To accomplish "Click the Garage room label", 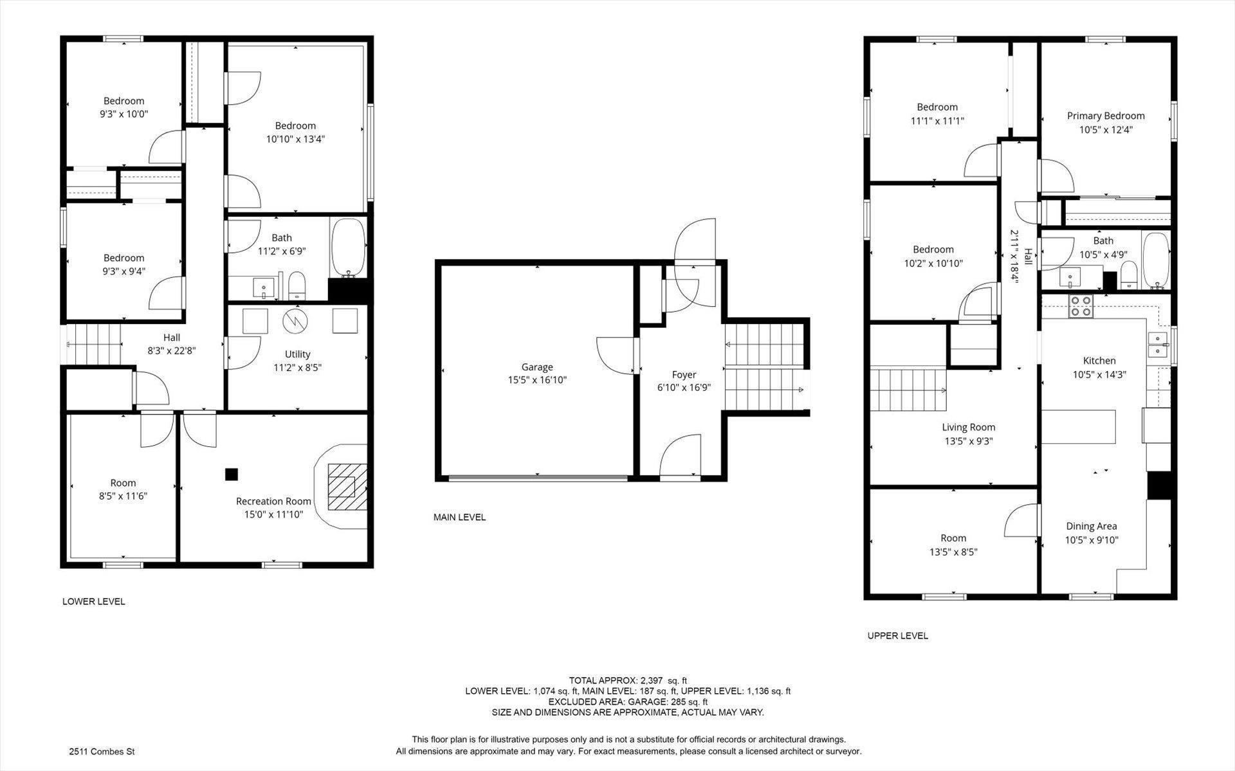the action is pos(537,367).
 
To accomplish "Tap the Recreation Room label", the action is pos(273,502).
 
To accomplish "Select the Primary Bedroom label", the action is pos(1106,116).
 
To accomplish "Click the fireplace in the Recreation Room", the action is pos(348,487).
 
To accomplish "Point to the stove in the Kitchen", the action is pos(1080,306).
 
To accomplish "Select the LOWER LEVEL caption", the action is pos(94,602).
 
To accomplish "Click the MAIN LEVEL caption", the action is pos(459,518).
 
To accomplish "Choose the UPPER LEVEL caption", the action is pos(897,636).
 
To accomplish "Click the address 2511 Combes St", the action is pos(102,752).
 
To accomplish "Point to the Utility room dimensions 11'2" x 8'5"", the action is pos(297,368).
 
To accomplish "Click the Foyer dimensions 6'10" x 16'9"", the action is pos(684,388).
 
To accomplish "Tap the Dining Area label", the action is pos(1092,526).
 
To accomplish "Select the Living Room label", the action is pos(968,428).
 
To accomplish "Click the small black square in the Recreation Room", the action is pos(232,475).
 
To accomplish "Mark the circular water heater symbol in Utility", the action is pos(295,320).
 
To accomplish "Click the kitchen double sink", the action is pos(1158,345).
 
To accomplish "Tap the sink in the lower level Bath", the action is pos(263,286).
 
